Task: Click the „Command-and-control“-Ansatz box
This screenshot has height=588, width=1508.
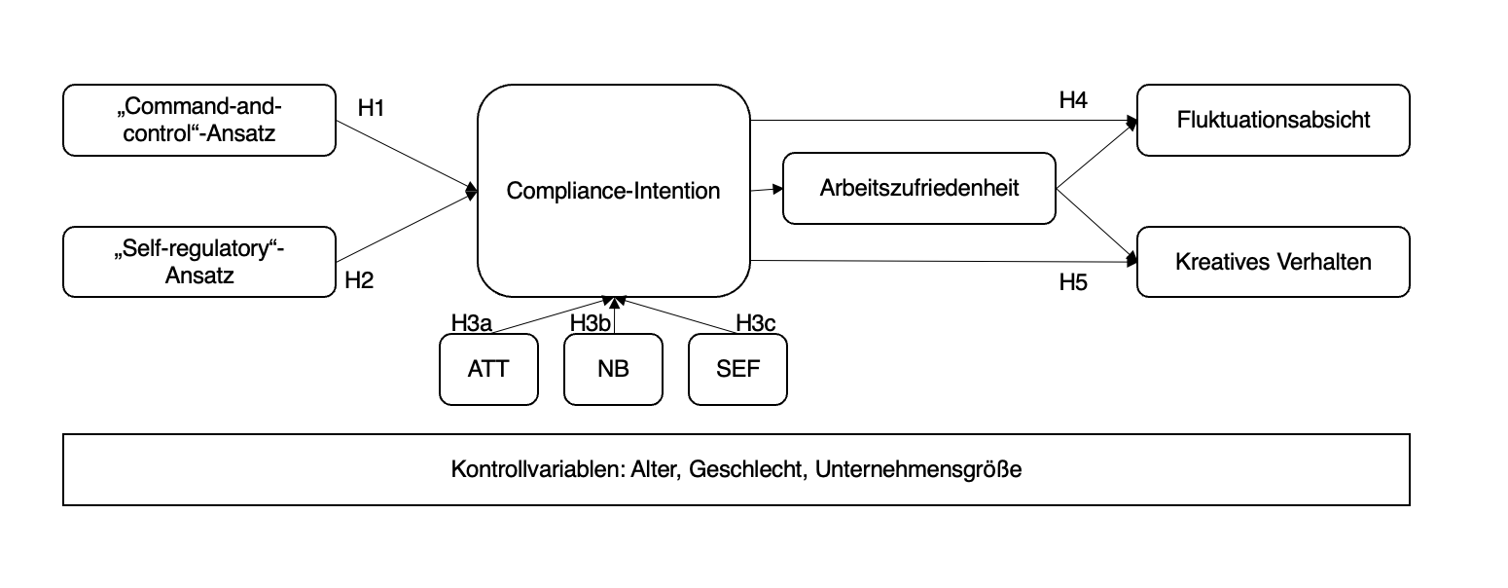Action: click(x=198, y=120)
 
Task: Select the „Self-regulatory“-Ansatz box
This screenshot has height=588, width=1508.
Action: click(x=198, y=262)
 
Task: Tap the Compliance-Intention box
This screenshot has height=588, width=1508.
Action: click(x=613, y=191)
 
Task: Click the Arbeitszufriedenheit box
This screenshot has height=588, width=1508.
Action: click(x=918, y=188)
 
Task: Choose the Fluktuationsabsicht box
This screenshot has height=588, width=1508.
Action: click(x=1273, y=120)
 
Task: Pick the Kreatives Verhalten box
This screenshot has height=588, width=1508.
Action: click(x=1273, y=262)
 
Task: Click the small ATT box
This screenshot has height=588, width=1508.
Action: click(x=488, y=370)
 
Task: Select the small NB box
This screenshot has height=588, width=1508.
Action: click(x=613, y=370)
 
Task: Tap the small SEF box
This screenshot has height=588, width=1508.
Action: click(x=737, y=370)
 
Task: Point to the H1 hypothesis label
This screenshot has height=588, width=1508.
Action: click(x=371, y=108)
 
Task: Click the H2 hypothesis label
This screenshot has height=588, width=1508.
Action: click(x=359, y=281)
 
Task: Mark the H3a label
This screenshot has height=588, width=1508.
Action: click(x=471, y=323)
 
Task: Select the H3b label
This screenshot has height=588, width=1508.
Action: click(x=590, y=323)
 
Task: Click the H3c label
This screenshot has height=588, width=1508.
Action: click(x=755, y=323)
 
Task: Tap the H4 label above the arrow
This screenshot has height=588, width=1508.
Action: click(x=1072, y=100)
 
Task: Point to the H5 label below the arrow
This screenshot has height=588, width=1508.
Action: click(x=1072, y=283)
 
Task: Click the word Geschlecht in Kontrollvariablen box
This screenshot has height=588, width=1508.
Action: click(x=748, y=470)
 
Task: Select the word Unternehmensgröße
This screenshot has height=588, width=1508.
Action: click(x=918, y=470)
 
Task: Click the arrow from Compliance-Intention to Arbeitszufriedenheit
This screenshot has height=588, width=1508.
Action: click(x=767, y=190)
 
